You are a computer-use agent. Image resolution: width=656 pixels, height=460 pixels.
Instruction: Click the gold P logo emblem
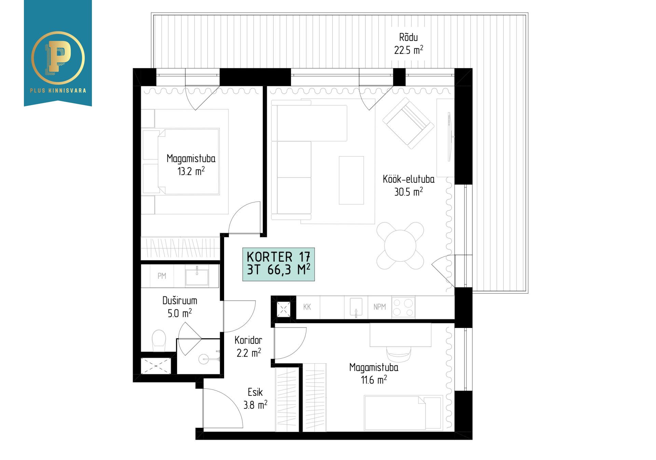(58, 58)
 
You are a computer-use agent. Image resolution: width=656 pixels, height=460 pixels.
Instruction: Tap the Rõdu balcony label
(408, 37)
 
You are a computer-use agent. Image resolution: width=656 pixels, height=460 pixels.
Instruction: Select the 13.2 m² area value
(191, 171)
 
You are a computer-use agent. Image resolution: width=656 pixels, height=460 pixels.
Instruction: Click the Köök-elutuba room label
(409, 179)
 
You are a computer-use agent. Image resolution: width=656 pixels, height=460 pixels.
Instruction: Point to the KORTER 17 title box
(278, 264)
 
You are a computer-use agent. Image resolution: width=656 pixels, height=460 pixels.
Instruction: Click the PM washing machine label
(162, 276)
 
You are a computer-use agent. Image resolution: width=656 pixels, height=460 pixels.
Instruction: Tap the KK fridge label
(307, 307)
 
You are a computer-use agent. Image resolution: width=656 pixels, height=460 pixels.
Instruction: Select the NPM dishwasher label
(380, 307)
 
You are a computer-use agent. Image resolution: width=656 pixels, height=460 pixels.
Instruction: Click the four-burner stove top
(403, 307)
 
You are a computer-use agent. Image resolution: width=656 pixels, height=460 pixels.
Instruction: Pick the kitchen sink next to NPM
(356, 307)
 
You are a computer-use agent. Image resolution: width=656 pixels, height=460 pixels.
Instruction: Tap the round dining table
(400, 245)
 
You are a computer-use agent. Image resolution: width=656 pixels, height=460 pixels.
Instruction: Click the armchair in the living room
(408, 123)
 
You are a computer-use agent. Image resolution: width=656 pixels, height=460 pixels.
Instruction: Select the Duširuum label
(180, 301)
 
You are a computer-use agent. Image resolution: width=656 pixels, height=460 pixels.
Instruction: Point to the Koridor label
(248, 340)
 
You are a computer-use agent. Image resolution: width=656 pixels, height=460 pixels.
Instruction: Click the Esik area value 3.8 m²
(255, 405)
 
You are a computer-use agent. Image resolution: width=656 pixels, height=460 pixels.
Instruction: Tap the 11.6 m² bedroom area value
(374, 379)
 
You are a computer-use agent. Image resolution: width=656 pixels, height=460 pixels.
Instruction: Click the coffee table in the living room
(351, 180)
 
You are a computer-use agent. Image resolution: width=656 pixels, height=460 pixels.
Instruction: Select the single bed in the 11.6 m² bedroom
(403, 413)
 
